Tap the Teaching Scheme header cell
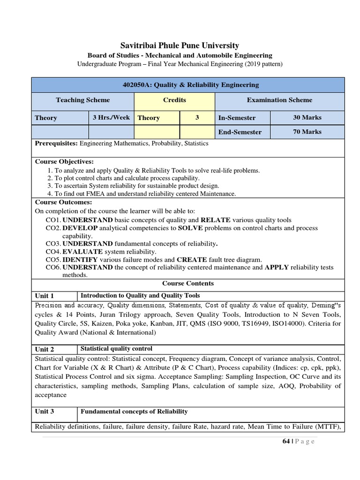click(x=83, y=100)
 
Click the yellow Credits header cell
click(x=174, y=100)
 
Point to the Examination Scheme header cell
click(x=279, y=100)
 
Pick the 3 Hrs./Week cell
click(x=111, y=118)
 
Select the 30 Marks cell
click(x=307, y=118)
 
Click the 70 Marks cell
click(x=307, y=132)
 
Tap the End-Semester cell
click(x=240, y=132)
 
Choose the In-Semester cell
click(x=237, y=118)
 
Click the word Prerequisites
click(x=56, y=143)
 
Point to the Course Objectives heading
click(x=65, y=162)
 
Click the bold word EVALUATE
click(x=82, y=252)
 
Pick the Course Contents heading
click(x=188, y=284)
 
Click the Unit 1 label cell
click(x=45, y=296)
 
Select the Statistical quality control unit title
click(x=117, y=349)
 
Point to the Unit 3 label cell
click(x=45, y=412)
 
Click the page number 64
click(x=286, y=441)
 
